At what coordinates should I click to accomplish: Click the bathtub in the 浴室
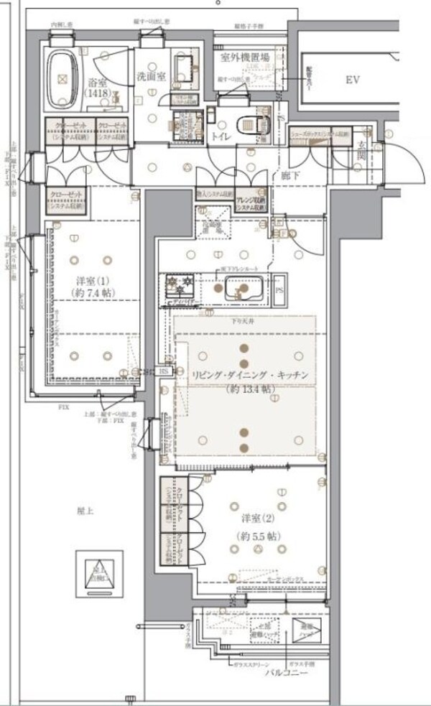62,76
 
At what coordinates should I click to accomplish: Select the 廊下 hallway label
290,174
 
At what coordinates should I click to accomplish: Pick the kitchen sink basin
241,291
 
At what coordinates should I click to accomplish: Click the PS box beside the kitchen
279,289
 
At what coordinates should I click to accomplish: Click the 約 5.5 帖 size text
257,536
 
